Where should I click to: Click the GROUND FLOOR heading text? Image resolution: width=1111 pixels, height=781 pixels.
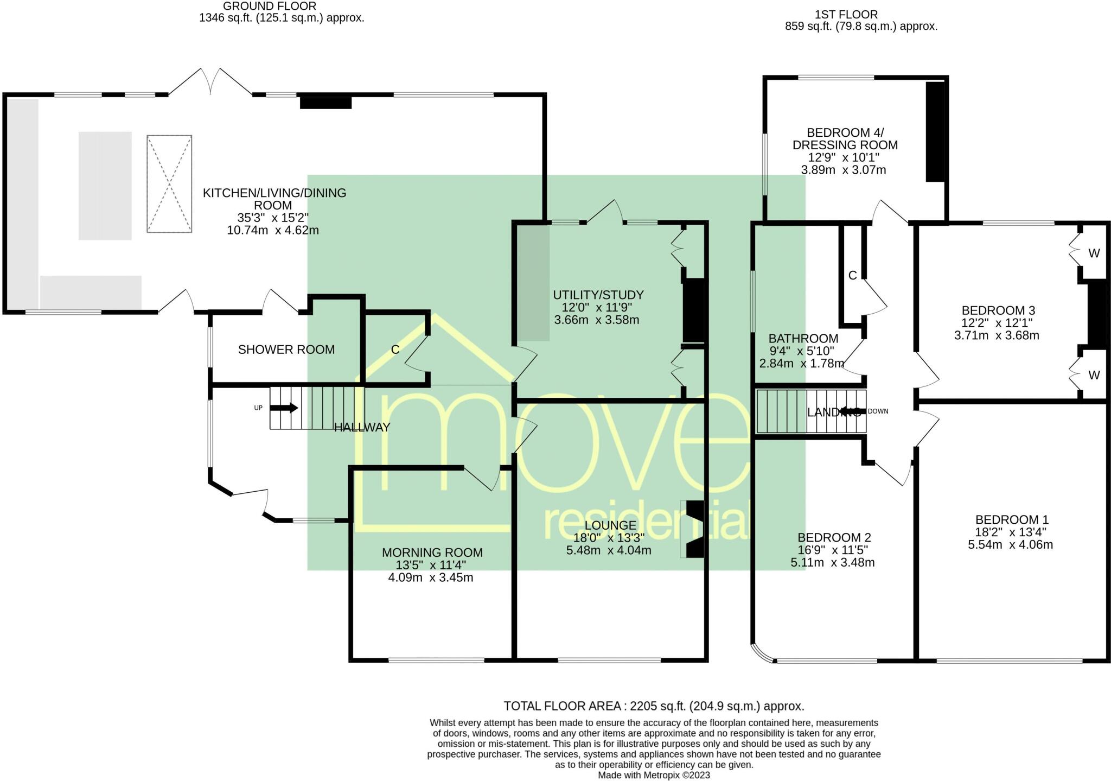[x=270, y=6]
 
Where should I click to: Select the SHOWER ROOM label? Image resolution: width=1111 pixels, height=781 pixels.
[x=286, y=350]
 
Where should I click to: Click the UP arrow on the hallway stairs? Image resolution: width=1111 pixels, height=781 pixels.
[x=287, y=408]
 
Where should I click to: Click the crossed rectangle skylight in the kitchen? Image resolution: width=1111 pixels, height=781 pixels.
[x=169, y=184]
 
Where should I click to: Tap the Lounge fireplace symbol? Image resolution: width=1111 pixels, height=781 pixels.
[x=694, y=529]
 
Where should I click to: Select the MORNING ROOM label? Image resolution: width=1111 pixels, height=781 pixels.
[x=432, y=553]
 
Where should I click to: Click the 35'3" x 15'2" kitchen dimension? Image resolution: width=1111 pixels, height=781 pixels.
[x=273, y=218]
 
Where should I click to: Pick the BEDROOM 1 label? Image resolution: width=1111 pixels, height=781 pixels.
[x=1012, y=519]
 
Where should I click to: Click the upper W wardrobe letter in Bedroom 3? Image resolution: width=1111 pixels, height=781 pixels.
[x=1094, y=253]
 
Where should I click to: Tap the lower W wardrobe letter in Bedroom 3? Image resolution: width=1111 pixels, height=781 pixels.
[x=1094, y=375]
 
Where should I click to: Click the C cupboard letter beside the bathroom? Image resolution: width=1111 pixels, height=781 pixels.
[x=852, y=276]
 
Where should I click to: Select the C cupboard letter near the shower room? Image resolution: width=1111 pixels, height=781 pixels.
[x=395, y=350]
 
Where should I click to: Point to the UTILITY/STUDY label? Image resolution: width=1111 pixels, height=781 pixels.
[x=598, y=295]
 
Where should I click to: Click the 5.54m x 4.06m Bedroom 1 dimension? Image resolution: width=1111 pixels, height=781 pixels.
[x=1010, y=544]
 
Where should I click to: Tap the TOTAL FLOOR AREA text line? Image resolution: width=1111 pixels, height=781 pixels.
[x=654, y=706]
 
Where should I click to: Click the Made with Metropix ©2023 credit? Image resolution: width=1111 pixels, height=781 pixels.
[x=654, y=775]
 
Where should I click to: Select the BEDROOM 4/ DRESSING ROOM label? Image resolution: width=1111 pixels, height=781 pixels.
[x=845, y=139]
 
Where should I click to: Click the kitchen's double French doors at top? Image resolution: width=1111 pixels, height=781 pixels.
[x=210, y=82]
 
